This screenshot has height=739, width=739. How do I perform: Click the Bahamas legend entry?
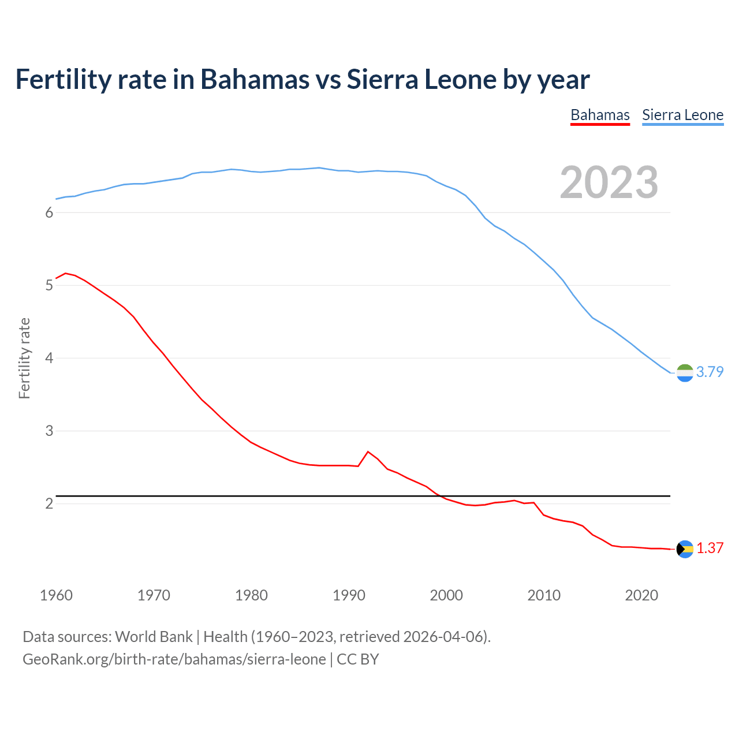600,115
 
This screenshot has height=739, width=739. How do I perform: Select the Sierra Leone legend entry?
682,115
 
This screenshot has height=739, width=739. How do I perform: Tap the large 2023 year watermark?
609,182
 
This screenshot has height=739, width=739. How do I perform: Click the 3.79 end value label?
710,372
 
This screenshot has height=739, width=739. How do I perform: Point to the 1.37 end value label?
710,548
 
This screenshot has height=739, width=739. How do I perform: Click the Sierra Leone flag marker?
685,373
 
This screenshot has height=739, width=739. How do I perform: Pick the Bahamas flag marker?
685,549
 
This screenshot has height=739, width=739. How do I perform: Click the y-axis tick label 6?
49,212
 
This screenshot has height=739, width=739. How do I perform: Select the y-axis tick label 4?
49,358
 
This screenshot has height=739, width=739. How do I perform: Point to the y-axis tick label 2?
49,503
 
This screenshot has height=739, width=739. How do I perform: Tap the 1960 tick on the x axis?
56,595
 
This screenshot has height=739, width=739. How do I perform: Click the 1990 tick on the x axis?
349,595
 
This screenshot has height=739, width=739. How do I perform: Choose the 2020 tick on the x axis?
641,595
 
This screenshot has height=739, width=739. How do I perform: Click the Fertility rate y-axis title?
24,358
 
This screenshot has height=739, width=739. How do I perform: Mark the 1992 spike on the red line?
368,451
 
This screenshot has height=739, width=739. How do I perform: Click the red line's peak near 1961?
65,273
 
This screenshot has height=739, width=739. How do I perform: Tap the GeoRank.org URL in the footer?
174,659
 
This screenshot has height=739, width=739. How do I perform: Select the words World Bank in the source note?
154,637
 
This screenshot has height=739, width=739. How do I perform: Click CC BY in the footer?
357,659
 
